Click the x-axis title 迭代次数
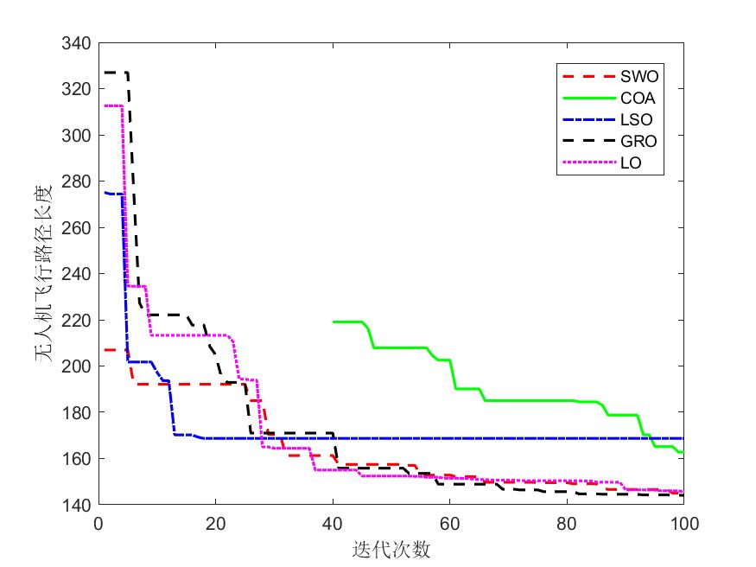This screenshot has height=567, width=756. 391,549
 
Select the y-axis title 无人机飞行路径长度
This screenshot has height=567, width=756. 43,273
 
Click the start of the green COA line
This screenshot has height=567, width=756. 334,322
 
